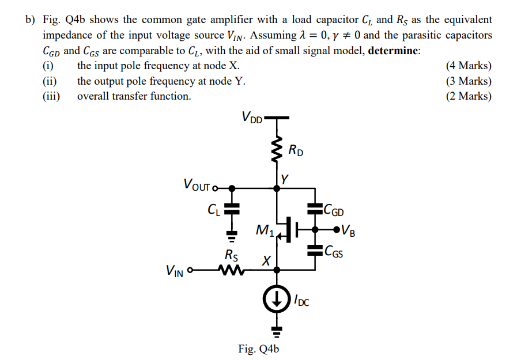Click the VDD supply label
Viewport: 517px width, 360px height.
coord(252,119)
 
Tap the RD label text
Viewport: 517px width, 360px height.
coord(296,152)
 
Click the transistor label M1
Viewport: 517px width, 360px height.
coord(263,232)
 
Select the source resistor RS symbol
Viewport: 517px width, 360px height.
coord(233,270)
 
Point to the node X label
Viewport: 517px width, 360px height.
coord(266,260)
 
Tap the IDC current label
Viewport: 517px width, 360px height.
coord(301,300)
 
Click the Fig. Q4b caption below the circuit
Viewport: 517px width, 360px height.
coord(258,349)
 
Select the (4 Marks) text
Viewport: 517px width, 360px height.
coord(469,66)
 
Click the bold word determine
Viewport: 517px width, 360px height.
coord(394,51)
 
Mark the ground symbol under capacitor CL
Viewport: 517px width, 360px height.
coord(231,236)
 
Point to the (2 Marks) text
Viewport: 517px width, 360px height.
coord(469,96)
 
